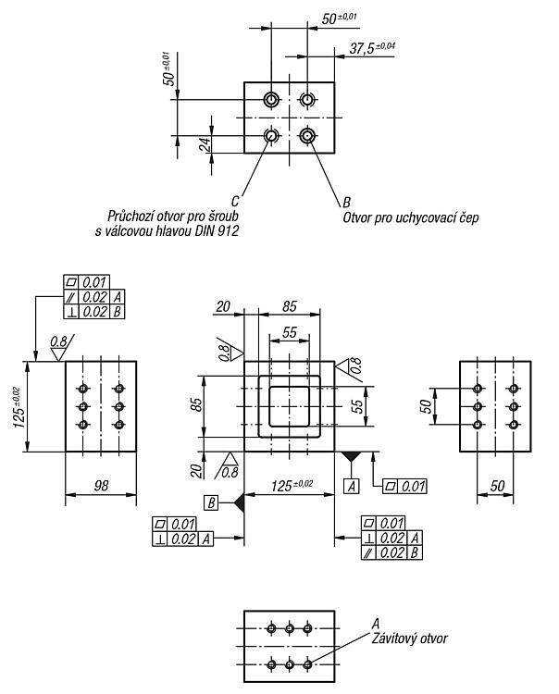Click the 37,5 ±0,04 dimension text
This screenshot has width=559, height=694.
tap(372, 47)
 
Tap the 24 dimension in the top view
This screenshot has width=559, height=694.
tap(205, 144)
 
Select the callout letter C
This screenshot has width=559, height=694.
tap(234, 201)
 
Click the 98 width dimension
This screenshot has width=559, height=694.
tap(101, 486)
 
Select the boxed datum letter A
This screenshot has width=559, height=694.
tap(352, 487)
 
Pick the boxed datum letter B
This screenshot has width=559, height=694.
tap(211, 502)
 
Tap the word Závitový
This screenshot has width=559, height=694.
tap(393, 638)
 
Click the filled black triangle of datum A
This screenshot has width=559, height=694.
tap(351, 456)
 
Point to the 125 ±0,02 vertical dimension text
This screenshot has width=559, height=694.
tap(19, 407)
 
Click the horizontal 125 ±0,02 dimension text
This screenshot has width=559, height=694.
tap(292, 485)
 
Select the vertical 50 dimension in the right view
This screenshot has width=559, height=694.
tap(425, 406)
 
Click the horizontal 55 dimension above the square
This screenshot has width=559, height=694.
tap(289, 332)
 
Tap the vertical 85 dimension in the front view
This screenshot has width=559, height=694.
tap(196, 405)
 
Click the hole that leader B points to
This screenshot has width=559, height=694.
tap(306, 135)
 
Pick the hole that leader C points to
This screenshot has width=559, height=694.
tap(270, 135)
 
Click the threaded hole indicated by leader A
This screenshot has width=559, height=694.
tap(307, 664)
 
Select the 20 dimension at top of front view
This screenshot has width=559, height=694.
tap(223, 306)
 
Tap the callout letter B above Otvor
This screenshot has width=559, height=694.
tap(346, 203)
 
